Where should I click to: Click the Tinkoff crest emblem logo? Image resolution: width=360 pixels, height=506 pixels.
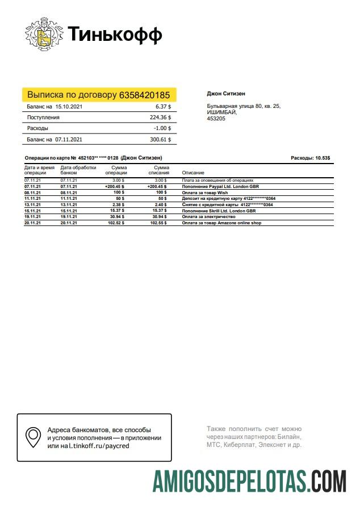(x=43, y=35)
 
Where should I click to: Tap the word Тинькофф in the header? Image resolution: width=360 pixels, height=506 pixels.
(x=115, y=35)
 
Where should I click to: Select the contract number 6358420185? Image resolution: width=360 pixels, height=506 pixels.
(x=144, y=95)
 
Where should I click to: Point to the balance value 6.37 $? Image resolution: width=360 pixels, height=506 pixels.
(x=163, y=107)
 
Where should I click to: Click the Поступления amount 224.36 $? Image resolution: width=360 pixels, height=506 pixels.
(x=160, y=118)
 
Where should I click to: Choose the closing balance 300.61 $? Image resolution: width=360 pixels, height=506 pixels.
(x=160, y=139)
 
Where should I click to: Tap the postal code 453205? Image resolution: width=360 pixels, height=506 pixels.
(x=215, y=119)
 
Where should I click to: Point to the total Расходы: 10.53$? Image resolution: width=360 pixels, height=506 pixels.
(x=311, y=158)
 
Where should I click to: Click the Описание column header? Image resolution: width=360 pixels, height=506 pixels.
(x=193, y=173)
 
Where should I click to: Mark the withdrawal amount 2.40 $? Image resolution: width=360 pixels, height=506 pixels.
(x=160, y=205)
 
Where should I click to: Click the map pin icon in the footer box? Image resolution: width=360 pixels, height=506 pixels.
(x=34, y=437)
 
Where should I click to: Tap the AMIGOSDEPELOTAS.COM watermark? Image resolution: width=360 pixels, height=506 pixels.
(x=249, y=481)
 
